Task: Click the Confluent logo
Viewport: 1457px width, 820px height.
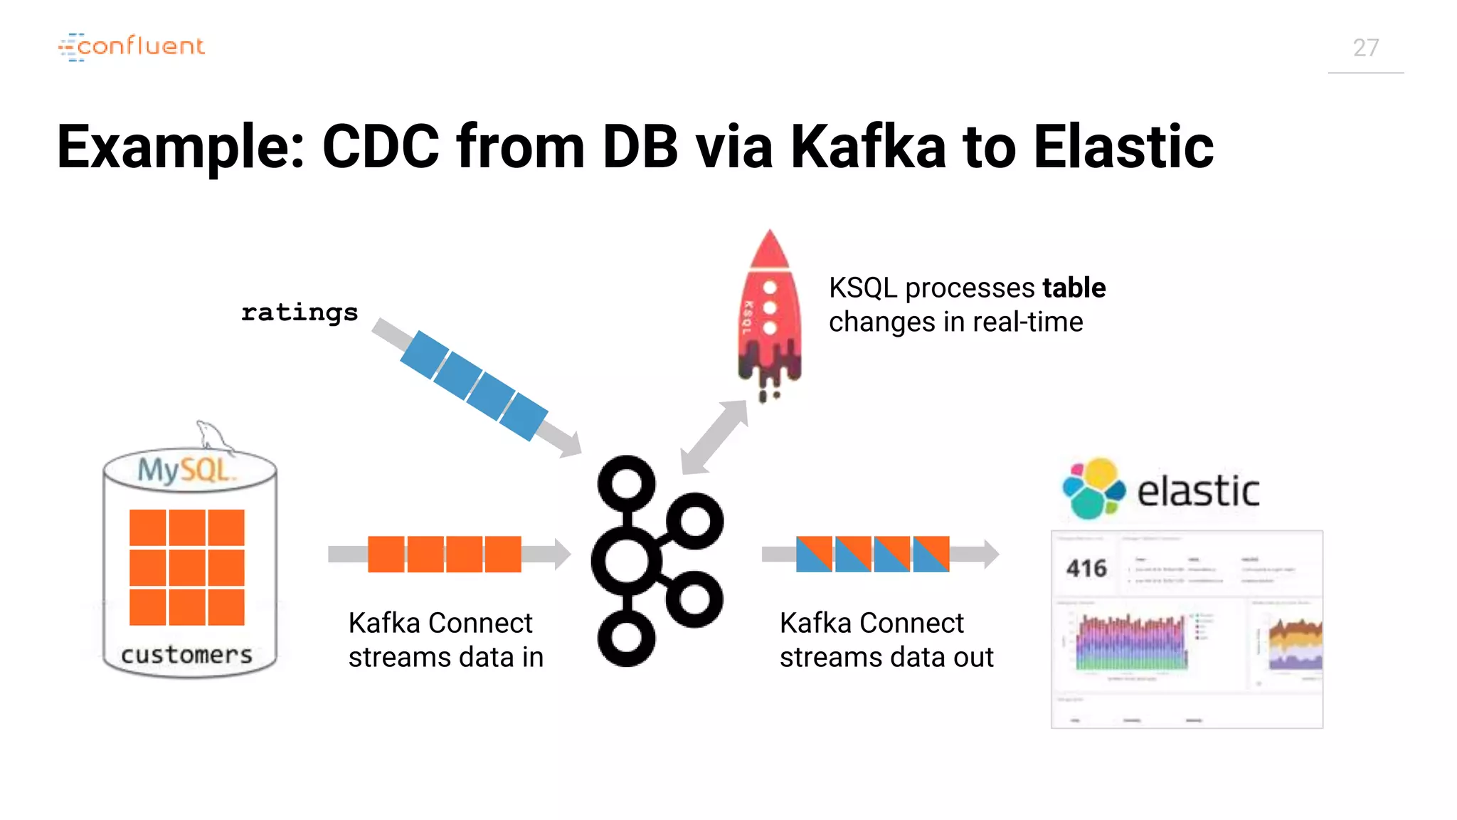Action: click(x=132, y=47)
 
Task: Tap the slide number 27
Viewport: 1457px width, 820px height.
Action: click(x=1365, y=48)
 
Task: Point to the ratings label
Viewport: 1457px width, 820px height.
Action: click(x=300, y=312)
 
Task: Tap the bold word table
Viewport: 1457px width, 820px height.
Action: click(x=1074, y=288)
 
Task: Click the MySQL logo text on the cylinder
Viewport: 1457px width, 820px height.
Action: click(x=184, y=470)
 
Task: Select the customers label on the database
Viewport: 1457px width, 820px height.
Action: click(x=186, y=654)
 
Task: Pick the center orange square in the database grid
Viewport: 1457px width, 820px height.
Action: click(x=187, y=567)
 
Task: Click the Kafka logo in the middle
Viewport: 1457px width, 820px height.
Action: click(x=656, y=561)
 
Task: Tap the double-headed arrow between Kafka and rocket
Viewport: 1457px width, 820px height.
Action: click(x=714, y=437)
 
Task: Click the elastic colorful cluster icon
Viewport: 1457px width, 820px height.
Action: click(x=1093, y=488)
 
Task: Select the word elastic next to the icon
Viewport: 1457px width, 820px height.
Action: click(x=1198, y=491)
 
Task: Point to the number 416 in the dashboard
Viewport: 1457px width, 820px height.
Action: click(x=1086, y=568)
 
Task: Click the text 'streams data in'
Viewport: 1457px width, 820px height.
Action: click(x=446, y=657)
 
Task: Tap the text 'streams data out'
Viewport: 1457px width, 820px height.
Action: click(x=886, y=657)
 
